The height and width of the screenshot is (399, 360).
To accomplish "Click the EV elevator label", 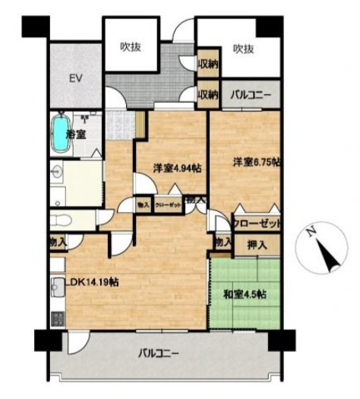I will tap(75, 78).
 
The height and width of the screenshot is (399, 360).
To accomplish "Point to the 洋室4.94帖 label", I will tap(175, 168).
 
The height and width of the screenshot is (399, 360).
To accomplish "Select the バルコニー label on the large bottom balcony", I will tap(159, 353).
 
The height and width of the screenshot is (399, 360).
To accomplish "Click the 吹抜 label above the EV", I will tap(131, 47).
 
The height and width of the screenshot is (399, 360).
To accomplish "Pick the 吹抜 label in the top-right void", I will tap(242, 49).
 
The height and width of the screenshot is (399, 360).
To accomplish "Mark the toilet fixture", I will tap(62, 220).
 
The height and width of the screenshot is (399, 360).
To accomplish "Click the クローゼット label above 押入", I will tap(257, 224).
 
